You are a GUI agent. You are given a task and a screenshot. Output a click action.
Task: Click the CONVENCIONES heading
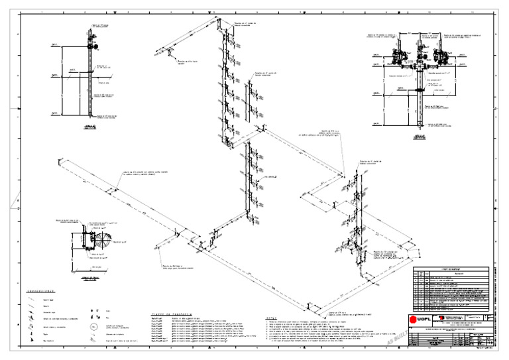click(41, 291)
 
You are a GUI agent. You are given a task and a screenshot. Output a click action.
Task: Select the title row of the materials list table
click(451, 269)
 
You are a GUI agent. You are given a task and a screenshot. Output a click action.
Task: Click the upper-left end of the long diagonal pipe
click(60, 160)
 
